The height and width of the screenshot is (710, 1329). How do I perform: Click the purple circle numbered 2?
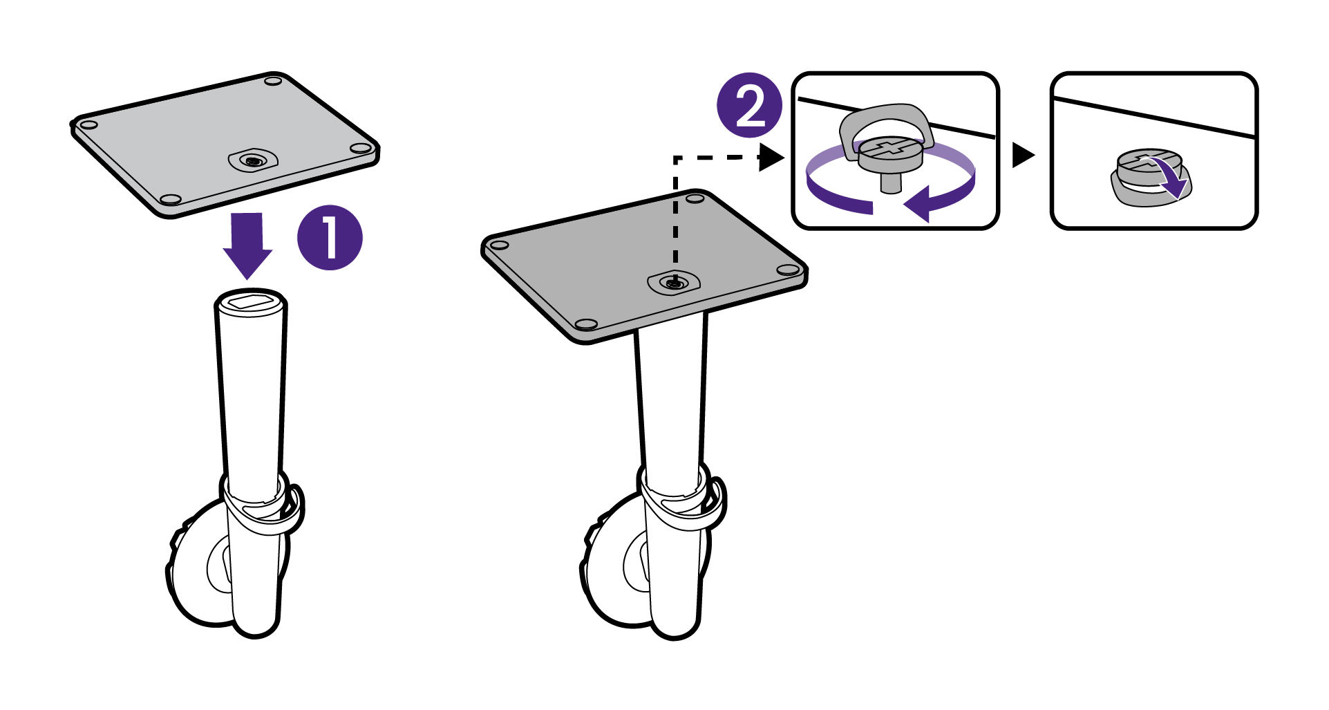[x=750, y=106]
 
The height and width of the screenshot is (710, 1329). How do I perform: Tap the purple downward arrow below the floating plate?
[x=247, y=245]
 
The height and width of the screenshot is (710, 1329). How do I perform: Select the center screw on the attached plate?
[x=673, y=282]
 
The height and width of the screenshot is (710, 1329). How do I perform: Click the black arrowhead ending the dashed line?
[x=771, y=157]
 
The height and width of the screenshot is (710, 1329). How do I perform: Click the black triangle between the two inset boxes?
[x=1022, y=155]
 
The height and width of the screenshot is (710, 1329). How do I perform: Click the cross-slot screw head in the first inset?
[x=892, y=148]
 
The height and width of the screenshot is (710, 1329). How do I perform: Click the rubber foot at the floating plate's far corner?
[x=274, y=82]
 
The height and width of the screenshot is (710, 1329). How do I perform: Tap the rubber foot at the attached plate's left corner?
[x=497, y=245]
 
